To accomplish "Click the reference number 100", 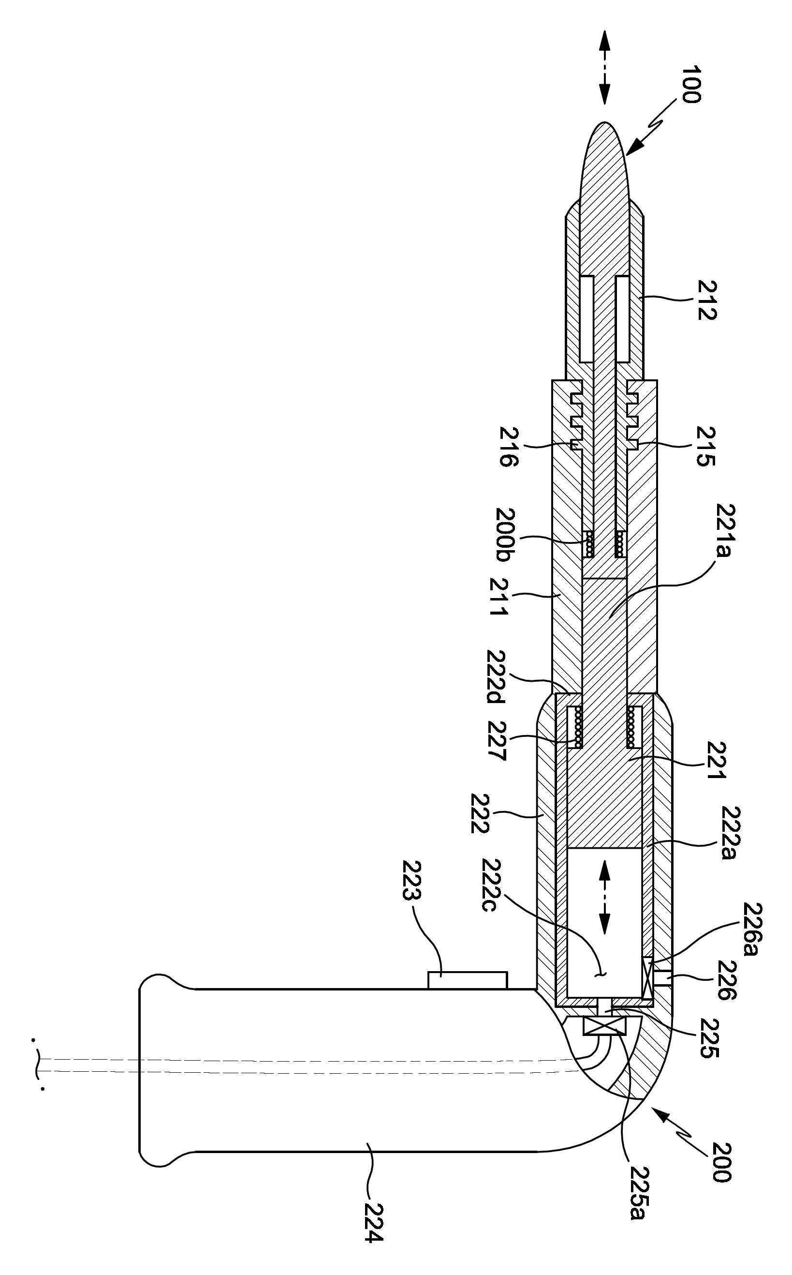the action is [x=691, y=84].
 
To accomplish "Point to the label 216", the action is [x=508, y=447].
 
